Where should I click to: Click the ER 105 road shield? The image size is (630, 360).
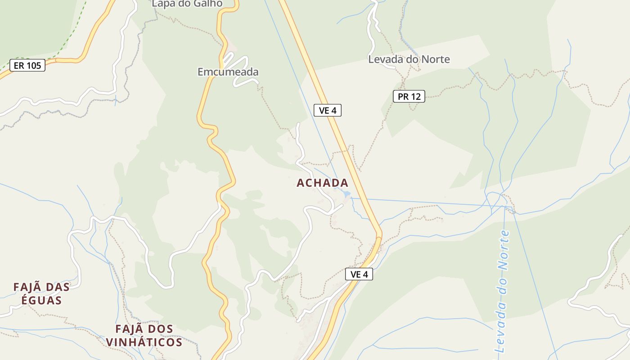tap(27, 66)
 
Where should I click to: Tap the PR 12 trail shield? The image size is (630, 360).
tap(409, 96)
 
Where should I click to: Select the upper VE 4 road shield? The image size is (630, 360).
tap(328, 110)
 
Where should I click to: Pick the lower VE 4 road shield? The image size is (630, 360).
tap(359, 274)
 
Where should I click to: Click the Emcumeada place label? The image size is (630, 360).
tap(228, 72)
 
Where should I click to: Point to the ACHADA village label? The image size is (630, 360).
tap(323, 183)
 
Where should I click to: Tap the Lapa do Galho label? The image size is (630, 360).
tap(187, 4)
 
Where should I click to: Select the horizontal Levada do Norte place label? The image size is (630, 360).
tap(409, 59)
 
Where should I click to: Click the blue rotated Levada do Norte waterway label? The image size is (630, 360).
tap(502, 292)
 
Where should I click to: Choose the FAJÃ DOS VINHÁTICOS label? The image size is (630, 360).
tap(144, 335)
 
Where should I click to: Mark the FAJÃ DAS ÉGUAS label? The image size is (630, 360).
tap(41, 293)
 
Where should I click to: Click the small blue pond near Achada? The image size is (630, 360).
tap(346, 194)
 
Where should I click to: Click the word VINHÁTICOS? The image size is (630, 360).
tap(144, 342)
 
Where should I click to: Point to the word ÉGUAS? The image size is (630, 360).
tap(41, 300)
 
